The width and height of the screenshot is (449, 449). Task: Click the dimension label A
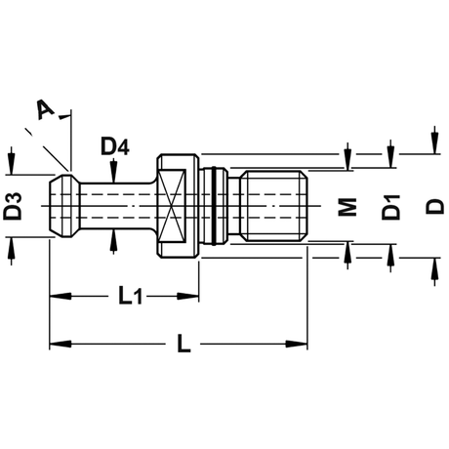pyautogui.click(x=46, y=109)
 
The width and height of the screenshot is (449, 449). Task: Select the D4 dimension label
pyautogui.click(x=115, y=146)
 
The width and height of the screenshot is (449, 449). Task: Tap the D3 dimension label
pyautogui.click(x=13, y=206)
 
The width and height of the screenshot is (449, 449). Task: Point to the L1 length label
pyautogui.click(x=130, y=296)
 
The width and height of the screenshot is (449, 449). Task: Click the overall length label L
pyautogui.click(x=184, y=344)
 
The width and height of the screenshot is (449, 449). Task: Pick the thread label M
pyautogui.click(x=347, y=207)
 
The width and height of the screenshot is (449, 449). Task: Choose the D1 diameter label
pyautogui.click(x=390, y=207)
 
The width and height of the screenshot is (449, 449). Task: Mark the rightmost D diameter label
pyautogui.click(x=434, y=206)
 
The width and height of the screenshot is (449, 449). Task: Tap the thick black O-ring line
pyautogui.click(x=214, y=206)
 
